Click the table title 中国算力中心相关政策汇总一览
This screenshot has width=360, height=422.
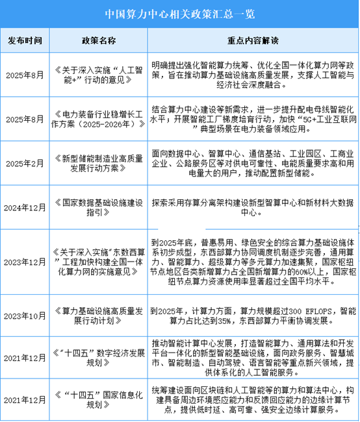(x=179, y=13)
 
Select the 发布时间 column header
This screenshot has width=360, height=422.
(x=26, y=40)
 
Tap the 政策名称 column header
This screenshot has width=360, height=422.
(x=98, y=40)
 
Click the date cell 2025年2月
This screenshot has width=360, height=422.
(x=26, y=166)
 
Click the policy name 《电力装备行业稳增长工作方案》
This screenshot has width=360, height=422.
(x=98, y=119)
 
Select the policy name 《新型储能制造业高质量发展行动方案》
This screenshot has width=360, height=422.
(x=98, y=166)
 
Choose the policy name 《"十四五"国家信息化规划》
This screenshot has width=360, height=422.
(x=98, y=400)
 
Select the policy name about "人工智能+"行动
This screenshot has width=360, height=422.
(x=98, y=73)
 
